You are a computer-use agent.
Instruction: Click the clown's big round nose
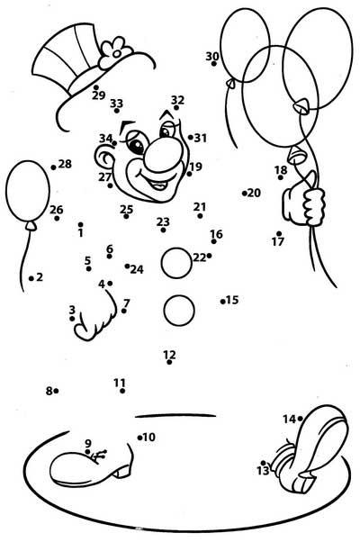coord(164,155)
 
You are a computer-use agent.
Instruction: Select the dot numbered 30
coord(214,64)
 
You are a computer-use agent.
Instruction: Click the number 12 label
coord(169,355)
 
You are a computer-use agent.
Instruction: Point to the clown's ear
coord(103,158)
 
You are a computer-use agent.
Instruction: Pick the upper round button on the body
coord(176,263)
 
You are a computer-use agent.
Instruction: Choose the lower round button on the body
coord(179,310)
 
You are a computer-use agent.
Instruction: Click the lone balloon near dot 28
coord(28,191)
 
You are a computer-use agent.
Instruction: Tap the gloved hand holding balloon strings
coord(304,204)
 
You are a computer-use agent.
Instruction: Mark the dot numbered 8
coord(56,391)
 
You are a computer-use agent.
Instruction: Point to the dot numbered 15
coord(223,302)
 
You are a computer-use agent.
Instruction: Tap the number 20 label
coord(254,193)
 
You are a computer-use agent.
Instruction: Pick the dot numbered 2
coord(31,278)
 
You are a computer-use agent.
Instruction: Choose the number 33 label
coord(117,103)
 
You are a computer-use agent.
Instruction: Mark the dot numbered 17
coord(279,234)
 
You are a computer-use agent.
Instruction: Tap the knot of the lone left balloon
coord(31,225)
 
